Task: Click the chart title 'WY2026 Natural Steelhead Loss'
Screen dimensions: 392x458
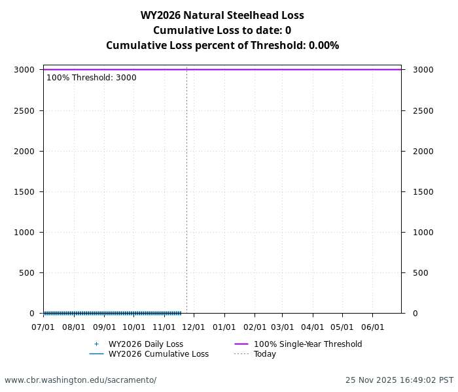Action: coord(222,15)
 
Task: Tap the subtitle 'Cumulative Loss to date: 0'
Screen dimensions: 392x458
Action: coord(222,30)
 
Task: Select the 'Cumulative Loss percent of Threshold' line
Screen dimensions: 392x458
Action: coord(222,45)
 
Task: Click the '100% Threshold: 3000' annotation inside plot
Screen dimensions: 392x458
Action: coord(92,78)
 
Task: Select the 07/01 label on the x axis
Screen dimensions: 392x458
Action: coord(43,327)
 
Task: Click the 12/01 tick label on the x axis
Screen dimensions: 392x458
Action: coord(194,327)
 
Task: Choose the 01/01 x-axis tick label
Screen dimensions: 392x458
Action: coord(224,327)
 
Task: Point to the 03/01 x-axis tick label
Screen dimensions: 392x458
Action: coord(283,327)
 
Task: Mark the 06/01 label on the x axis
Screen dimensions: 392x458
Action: coord(373,327)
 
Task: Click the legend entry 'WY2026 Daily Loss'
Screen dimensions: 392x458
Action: coord(145,344)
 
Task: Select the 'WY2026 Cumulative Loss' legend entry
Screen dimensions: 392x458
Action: coord(158,354)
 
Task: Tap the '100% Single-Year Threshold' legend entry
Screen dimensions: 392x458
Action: coord(308,344)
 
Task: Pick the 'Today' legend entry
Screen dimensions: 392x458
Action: coord(265,354)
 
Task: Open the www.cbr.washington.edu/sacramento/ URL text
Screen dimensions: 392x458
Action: coord(80,380)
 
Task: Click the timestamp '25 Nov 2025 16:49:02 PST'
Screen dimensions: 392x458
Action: coord(399,380)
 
